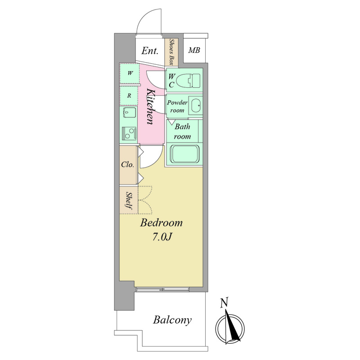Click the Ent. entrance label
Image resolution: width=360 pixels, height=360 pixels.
[150, 51]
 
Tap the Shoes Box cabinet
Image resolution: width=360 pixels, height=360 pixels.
[171, 52]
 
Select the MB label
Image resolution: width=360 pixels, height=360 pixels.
[194, 50]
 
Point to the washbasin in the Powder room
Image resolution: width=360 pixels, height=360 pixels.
[196, 106]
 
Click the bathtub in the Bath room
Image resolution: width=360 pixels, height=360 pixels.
[184, 154]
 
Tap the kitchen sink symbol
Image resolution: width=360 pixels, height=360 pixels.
[130, 112]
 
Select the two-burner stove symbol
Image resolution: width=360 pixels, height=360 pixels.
[130, 133]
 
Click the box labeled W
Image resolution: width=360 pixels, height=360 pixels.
[130, 73]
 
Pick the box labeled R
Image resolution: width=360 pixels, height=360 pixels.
[129, 95]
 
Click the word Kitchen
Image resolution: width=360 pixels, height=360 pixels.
[151, 107]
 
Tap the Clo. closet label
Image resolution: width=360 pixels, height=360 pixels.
[127, 164]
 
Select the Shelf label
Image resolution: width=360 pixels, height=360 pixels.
[129, 201]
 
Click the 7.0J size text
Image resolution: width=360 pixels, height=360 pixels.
[162, 238]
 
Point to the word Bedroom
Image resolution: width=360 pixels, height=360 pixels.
[162, 223]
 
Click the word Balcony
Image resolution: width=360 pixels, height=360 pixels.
[172, 320]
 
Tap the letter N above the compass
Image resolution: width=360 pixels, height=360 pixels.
[224, 302]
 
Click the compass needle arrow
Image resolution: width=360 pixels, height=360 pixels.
[231, 326]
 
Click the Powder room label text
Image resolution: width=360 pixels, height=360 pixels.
[177, 106]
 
